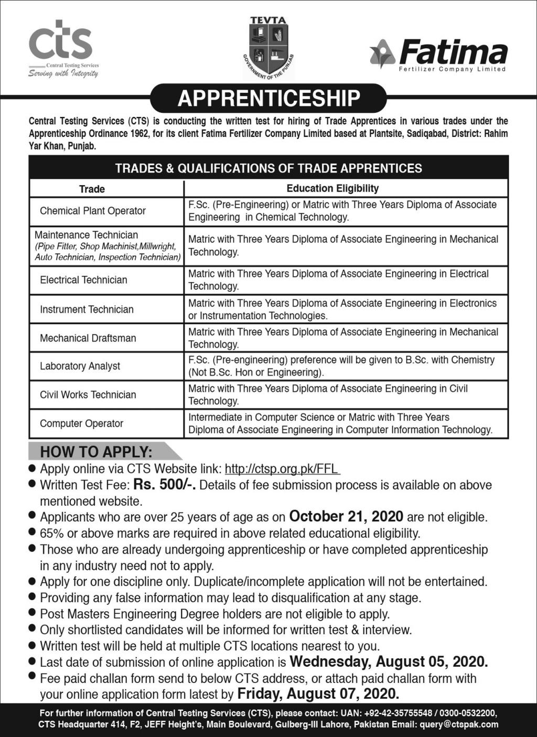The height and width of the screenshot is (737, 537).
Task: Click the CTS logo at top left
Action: click(x=61, y=48)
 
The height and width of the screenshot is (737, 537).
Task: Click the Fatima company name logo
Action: click(x=439, y=56)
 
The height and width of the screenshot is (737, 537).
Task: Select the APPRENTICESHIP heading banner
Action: click(x=268, y=98)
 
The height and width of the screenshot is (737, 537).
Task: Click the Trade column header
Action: click(x=92, y=189)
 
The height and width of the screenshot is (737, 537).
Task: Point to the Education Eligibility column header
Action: click(x=332, y=188)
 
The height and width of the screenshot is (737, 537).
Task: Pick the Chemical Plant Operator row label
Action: click(x=93, y=211)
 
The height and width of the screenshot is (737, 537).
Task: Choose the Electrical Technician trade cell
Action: click(x=84, y=280)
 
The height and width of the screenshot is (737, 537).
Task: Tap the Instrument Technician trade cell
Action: click(x=87, y=309)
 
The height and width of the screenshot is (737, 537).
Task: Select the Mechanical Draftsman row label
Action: click(x=88, y=338)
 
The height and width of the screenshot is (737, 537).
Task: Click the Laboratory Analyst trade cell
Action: click(x=80, y=366)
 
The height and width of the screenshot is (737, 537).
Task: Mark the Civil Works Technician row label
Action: click(x=88, y=395)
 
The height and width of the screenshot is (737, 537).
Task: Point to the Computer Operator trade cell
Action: click(x=82, y=424)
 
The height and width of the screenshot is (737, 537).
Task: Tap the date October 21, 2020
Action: click(x=346, y=516)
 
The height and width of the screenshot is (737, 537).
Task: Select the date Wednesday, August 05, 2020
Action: click(x=389, y=661)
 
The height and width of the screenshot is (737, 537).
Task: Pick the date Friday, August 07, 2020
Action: click(x=318, y=693)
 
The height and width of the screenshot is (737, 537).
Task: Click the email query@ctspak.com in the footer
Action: click(x=459, y=724)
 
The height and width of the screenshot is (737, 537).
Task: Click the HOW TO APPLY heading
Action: click(x=96, y=451)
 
